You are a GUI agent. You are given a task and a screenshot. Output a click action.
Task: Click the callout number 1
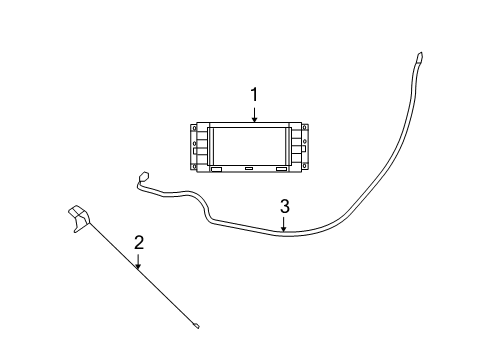pos(255,94)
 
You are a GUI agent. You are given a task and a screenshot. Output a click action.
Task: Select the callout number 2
pos(139,242)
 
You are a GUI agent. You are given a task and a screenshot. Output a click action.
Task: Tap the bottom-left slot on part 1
pos(216,169)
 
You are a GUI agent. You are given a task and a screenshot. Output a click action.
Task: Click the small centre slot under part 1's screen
pos(249,169)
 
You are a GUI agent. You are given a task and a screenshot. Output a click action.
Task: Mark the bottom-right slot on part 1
pos(282,169)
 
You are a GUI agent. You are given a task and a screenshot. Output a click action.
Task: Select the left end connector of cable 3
pos(141,181)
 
